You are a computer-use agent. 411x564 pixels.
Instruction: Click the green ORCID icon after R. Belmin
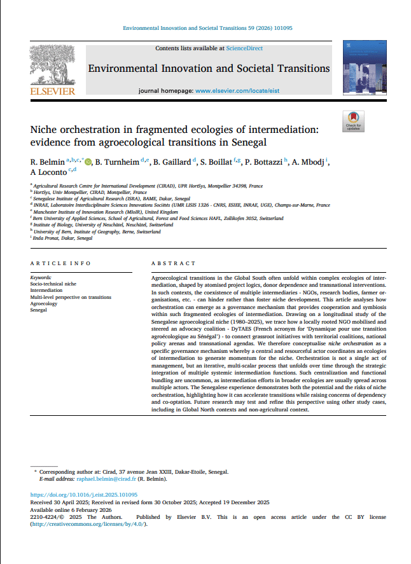pos(88,162)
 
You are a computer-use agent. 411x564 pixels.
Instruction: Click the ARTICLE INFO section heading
pos(60,263)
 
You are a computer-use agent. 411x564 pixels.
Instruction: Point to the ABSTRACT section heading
pos(173,263)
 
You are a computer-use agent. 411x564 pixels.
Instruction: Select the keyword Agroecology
pos(44,303)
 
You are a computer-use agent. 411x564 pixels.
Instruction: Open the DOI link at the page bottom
pos(93,495)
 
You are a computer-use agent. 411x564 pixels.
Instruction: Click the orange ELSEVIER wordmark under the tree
pos(52,91)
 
